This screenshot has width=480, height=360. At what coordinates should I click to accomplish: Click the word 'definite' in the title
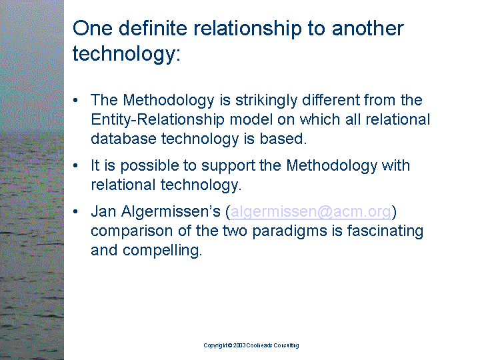coord(153,28)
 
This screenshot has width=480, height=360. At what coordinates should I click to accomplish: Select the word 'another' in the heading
coord(367,28)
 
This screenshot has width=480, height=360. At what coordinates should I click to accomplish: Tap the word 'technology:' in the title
coord(127,53)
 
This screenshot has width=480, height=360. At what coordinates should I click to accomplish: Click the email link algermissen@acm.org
coord(311,211)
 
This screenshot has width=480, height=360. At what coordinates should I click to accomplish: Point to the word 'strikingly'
coord(266,101)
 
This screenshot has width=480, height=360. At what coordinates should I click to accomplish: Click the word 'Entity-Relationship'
coord(157,120)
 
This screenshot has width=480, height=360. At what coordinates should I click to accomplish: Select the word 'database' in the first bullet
coord(124,139)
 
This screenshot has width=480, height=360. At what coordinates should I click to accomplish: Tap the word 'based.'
coord(283,139)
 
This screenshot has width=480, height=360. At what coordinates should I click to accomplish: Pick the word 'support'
coord(228,166)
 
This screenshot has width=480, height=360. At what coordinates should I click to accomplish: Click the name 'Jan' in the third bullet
coord(103,211)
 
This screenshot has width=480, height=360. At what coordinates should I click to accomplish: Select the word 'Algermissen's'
coord(171,211)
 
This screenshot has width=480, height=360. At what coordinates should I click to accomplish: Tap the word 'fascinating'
coord(385,231)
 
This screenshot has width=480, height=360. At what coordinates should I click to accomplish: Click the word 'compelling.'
coord(162,251)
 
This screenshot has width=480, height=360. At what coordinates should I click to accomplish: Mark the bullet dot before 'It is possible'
coord(75,166)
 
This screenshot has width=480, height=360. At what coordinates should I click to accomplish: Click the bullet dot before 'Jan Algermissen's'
coord(75,211)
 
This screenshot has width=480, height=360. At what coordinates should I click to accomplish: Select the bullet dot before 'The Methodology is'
coord(75,101)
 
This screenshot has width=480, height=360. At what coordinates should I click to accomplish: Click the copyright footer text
coord(251,345)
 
